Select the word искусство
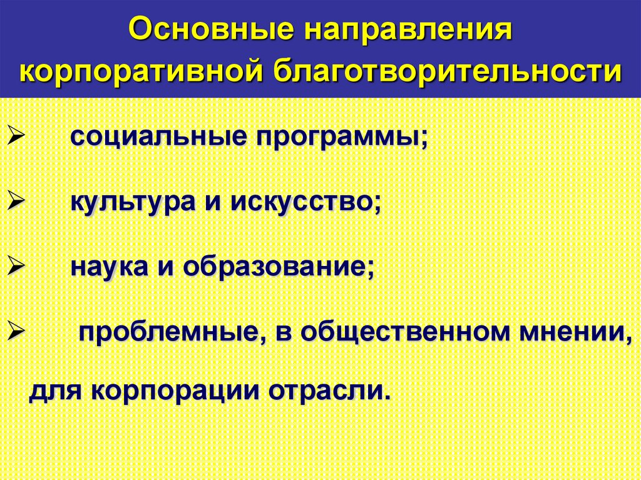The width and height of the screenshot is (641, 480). [306, 203]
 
